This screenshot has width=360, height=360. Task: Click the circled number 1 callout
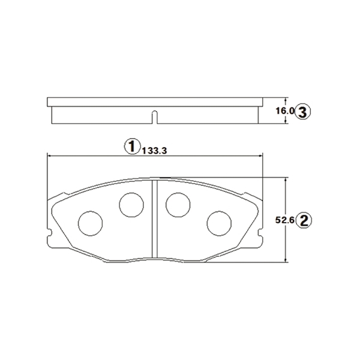click(x=132, y=146)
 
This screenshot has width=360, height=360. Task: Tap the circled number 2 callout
click(x=304, y=220)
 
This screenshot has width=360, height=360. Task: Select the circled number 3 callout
click(x=302, y=112)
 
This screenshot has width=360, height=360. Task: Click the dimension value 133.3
click(x=155, y=151)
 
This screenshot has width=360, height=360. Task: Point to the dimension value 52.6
click(x=284, y=220)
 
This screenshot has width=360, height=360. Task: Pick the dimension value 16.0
click(x=284, y=111)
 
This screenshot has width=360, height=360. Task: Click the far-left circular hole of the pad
click(x=90, y=223)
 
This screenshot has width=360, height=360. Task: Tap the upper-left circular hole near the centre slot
click(x=131, y=205)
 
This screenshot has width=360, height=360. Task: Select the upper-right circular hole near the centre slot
click(x=178, y=205)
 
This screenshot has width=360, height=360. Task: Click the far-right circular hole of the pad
click(x=219, y=223)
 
